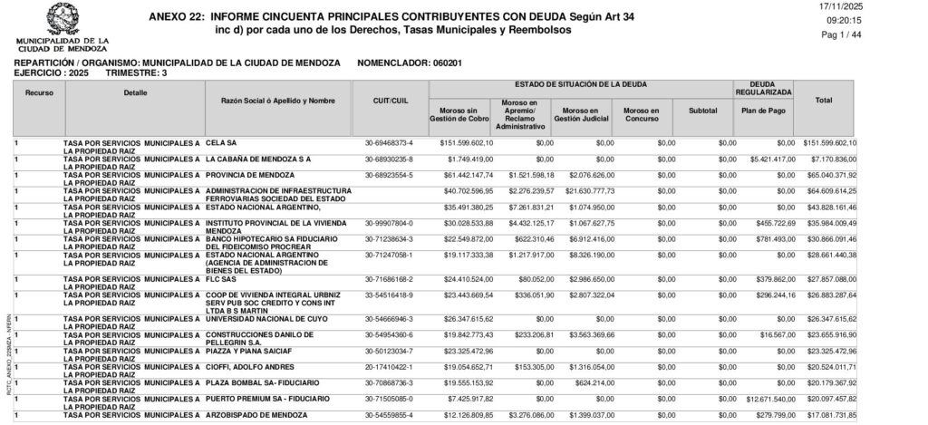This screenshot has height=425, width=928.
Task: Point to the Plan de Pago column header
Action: click(763, 111)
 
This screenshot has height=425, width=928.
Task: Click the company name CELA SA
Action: click(221, 143)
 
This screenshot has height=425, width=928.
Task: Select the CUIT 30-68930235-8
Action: click(389, 159)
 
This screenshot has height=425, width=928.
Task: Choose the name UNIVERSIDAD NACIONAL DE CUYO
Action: click(259, 319)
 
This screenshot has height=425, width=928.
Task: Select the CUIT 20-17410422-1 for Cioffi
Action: click(389, 366)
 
